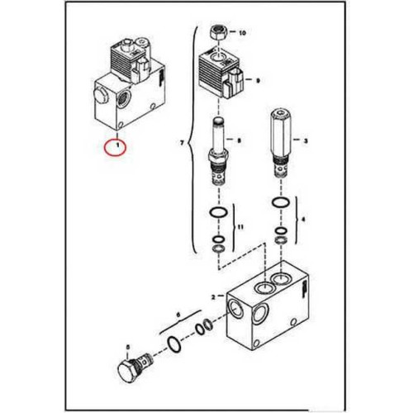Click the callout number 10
pos(242,33)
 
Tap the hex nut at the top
pos(217,32)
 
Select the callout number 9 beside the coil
pos(258,81)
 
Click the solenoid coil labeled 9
pos(221,75)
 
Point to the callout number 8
pos(239,140)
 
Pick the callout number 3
pos(306,141)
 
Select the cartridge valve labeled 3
pos(281,143)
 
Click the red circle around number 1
pos(115,148)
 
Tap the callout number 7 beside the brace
pos(182,143)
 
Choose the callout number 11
pos(240,227)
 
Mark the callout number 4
pos(303,220)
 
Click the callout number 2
pos(213,297)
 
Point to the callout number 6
pos(178,315)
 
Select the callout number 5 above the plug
pos(127,347)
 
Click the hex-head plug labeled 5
pos(134,366)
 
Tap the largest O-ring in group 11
pos(218,212)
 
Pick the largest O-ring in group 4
pos(281,202)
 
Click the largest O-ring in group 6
pos(173,344)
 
